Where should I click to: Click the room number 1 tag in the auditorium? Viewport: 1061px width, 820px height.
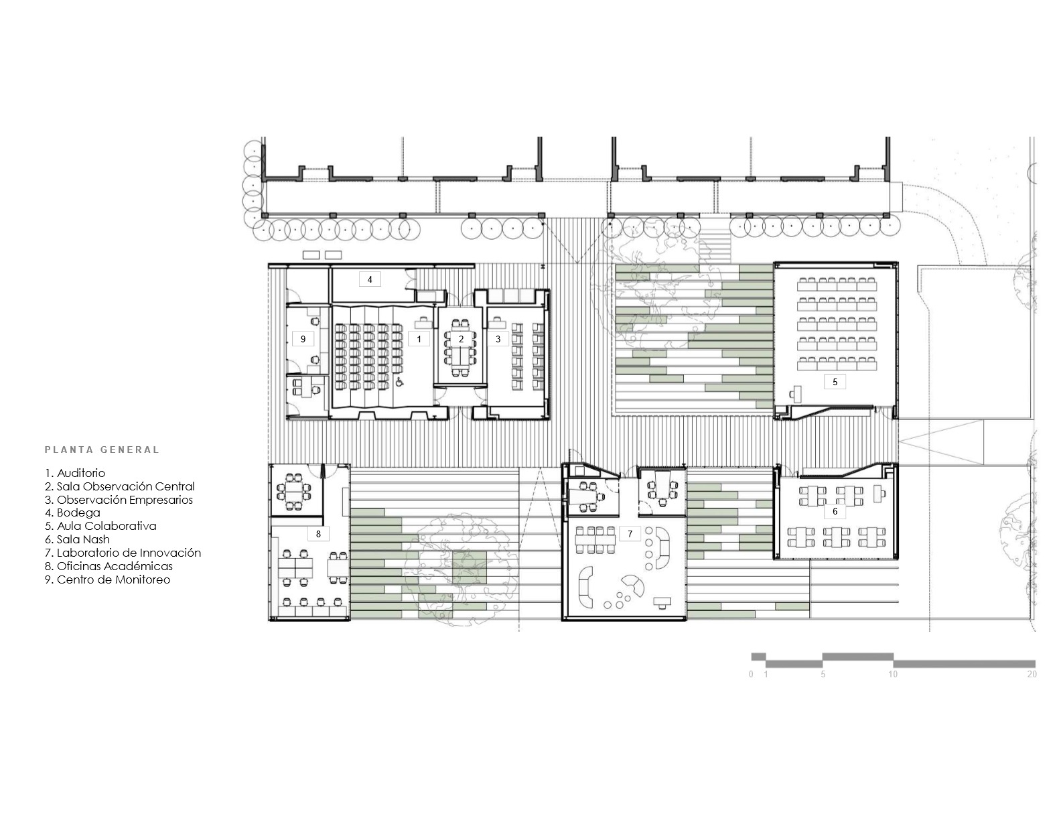pyautogui.click(x=419, y=339)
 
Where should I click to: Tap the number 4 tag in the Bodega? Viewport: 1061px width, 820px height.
pyautogui.click(x=370, y=279)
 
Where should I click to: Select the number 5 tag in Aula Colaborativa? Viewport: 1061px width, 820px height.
pyautogui.click(x=835, y=382)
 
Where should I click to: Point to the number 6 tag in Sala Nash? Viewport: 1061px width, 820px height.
pyautogui.click(x=835, y=511)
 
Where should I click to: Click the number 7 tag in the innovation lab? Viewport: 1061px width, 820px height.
pyautogui.click(x=630, y=534)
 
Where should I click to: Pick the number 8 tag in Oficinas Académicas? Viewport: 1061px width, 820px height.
pyautogui.click(x=318, y=534)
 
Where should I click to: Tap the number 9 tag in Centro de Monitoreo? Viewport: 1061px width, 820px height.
pyautogui.click(x=303, y=339)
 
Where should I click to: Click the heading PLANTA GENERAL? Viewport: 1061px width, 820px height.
pyautogui.click(x=102, y=450)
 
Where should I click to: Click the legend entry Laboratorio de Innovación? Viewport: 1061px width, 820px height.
pyautogui.click(x=123, y=553)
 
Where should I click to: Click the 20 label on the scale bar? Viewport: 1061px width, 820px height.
pyautogui.click(x=1032, y=675)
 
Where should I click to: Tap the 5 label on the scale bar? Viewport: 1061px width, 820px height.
pyautogui.click(x=823, y=675)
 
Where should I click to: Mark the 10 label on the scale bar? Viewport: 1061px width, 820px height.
pyautogui.click(x=893, y=675)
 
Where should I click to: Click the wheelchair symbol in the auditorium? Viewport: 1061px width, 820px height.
pyautogui.click(x=400, y=383)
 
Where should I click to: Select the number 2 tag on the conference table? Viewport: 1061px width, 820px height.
pyautogui.click(x=461, y=339)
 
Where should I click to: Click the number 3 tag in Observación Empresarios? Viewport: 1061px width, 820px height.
pyautogui.click(x=498, y=339)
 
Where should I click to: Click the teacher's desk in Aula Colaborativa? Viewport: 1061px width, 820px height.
pyautogui.click(x=797, y=393)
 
